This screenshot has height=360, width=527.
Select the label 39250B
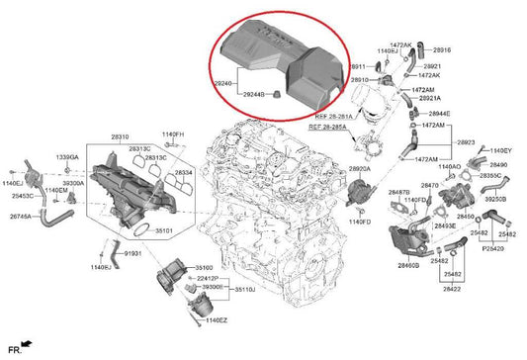497,199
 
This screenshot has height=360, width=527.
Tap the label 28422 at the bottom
451,290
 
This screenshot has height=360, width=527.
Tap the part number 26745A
22,216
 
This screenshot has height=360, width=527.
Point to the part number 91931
134,254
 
